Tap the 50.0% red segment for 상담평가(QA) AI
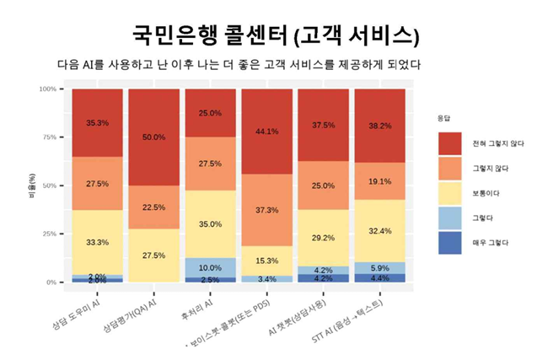(x=153, y=137)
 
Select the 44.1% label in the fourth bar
(x=266, y=131)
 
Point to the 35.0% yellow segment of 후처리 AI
(x=210, y=224)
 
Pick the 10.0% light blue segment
(x=210, y=267)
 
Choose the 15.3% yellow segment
(x=266, y=261)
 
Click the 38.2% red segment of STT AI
(x=380, y=126)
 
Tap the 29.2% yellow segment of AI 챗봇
(x=323, y=239)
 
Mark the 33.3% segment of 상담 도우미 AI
(x=97, y=242)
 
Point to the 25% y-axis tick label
(x=48, y=234)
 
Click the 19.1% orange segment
(x=380, y=181)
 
